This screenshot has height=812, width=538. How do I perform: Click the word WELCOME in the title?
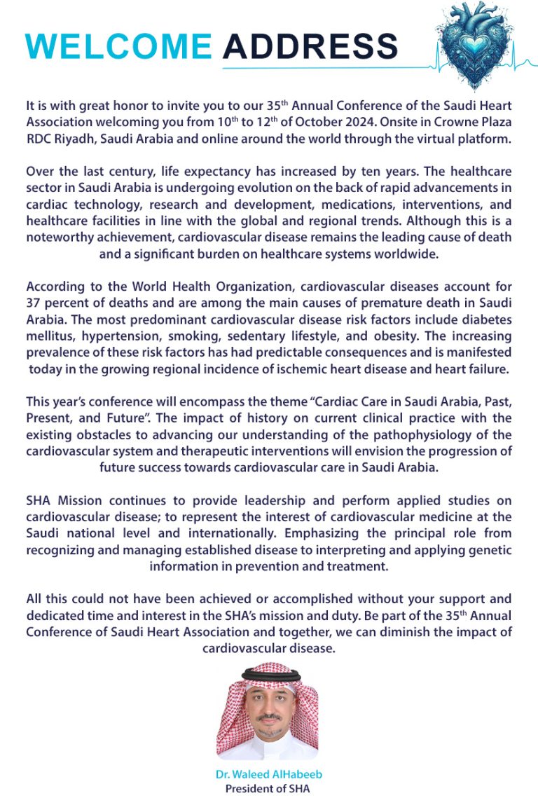click(x=118, y=46)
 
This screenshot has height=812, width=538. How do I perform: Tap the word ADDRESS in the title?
click(x=310, y=46)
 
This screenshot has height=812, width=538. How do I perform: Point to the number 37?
click(x=34, y=303)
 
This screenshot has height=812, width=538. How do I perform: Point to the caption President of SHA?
click(x=268, y=788)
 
